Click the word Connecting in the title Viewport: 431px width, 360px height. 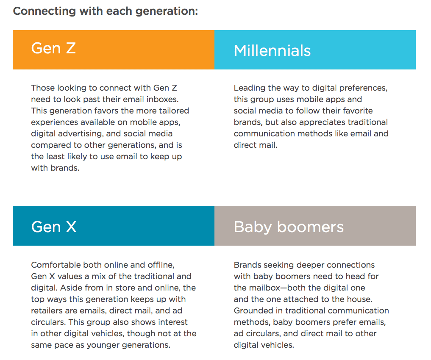[44, 11]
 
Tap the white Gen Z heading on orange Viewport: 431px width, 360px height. [53, 48]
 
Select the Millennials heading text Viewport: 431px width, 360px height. [272, 51]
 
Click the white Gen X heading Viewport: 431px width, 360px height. [53, 227]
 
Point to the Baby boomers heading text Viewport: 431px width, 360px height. [289, 227]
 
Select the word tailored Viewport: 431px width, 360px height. [174, 111]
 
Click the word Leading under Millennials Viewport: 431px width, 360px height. [250, 88]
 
